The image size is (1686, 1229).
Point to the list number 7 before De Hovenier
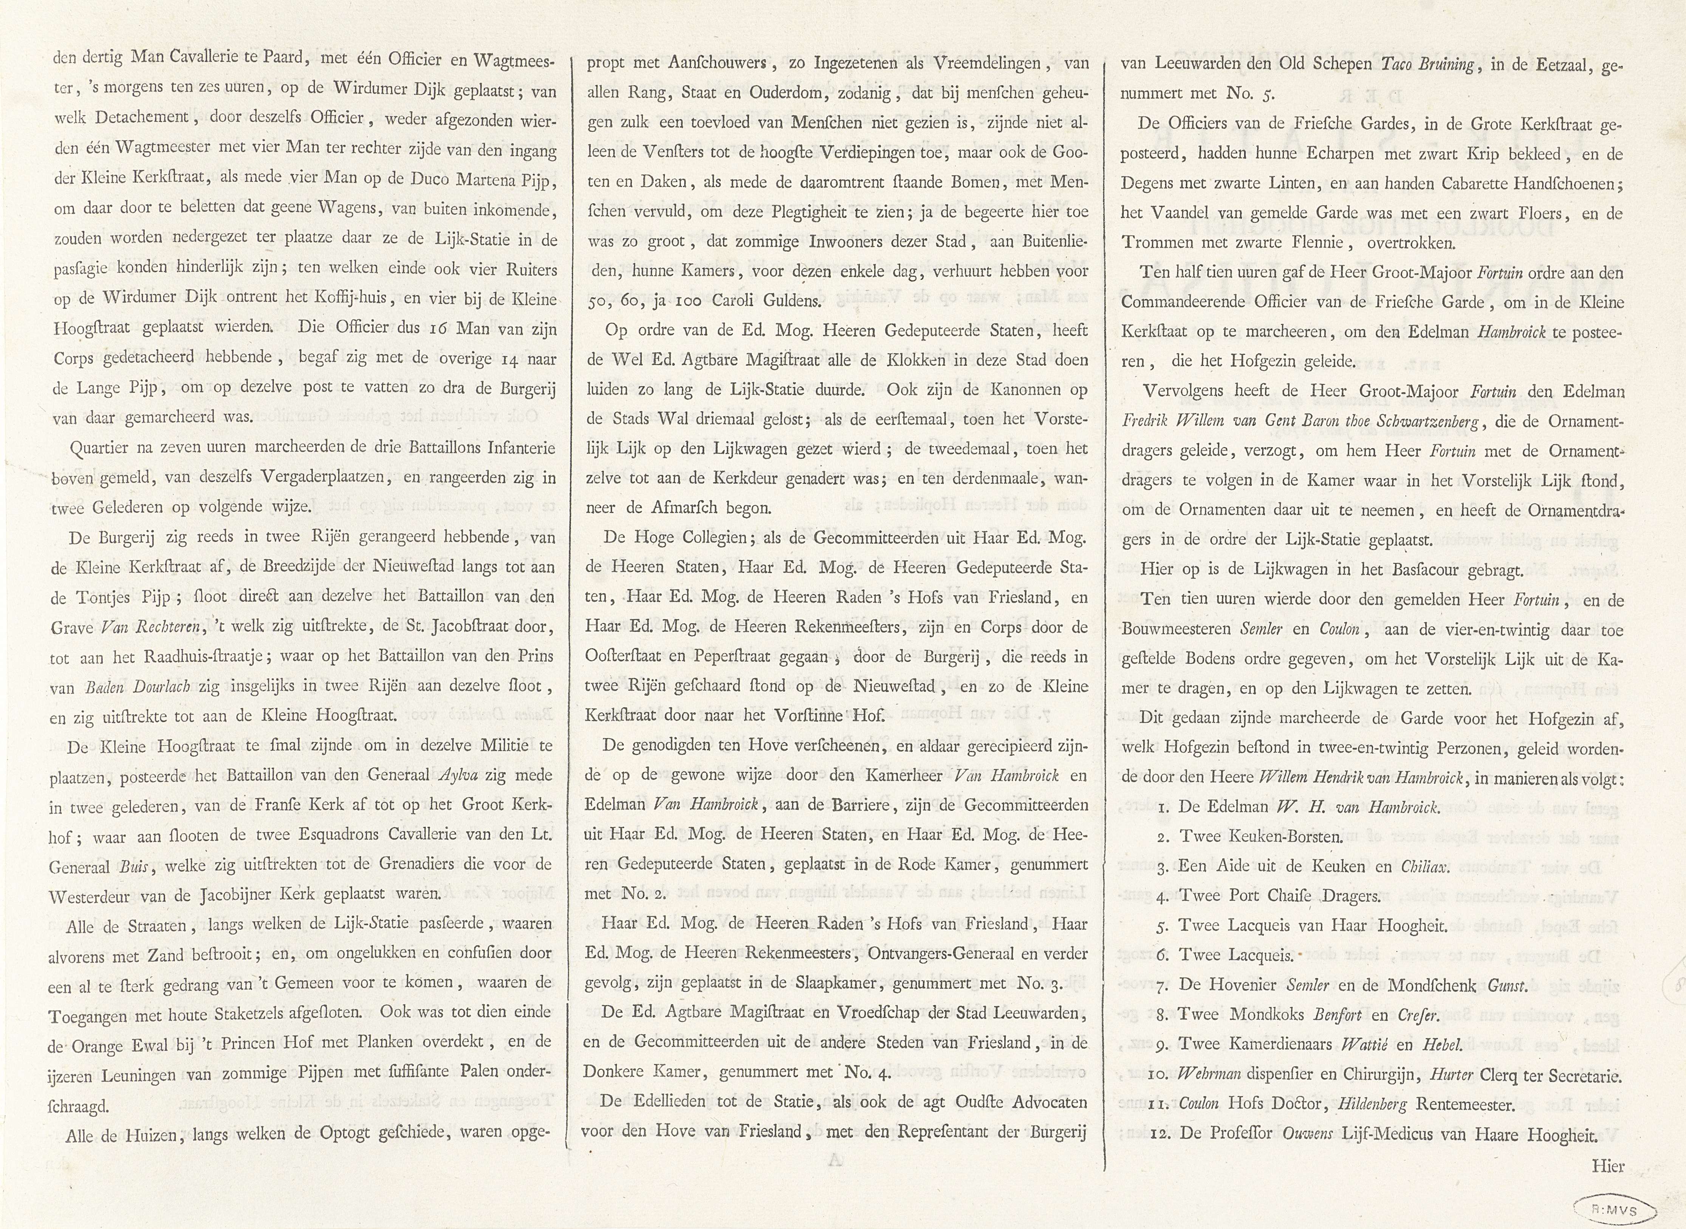pos(1163,986)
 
